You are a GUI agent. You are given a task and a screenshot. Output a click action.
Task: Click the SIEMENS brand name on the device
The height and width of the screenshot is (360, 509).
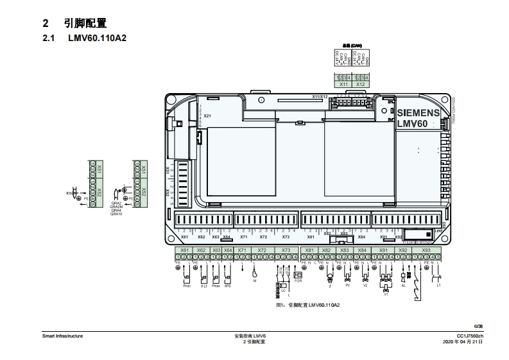[x=418, y=112]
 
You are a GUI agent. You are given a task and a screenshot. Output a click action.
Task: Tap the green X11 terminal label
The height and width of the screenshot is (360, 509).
[x=343, y=84]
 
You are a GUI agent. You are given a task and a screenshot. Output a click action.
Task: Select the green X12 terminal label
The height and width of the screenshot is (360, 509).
[x=361, y=84]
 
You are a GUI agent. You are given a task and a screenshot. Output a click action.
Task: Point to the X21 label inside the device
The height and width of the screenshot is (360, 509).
[x=207, y=116]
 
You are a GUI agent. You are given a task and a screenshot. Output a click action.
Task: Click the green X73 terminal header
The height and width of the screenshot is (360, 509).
[x=286, y=250]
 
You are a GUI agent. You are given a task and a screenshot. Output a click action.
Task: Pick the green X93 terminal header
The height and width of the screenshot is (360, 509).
[x=426, y=250]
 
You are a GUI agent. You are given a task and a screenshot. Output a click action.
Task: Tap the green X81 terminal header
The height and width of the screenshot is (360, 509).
[x=309, y=250]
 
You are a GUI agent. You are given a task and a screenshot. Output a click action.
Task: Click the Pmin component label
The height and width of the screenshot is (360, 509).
[x=187, y=286]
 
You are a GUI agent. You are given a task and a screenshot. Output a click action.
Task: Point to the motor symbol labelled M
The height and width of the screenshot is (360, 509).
[x=255, y=280]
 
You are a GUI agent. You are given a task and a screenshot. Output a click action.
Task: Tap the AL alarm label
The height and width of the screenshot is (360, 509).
[x=403, y=286]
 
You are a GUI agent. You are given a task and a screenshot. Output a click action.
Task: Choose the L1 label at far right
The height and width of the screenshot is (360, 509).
[x=438, y=286]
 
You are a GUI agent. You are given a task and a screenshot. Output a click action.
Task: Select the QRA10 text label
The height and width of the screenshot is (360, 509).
[x=116, y=214]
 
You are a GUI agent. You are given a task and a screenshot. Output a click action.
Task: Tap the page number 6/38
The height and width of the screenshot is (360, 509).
[x=478, y=327]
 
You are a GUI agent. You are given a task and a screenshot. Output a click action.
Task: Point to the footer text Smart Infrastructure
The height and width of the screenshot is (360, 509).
[x=62, y=336]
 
